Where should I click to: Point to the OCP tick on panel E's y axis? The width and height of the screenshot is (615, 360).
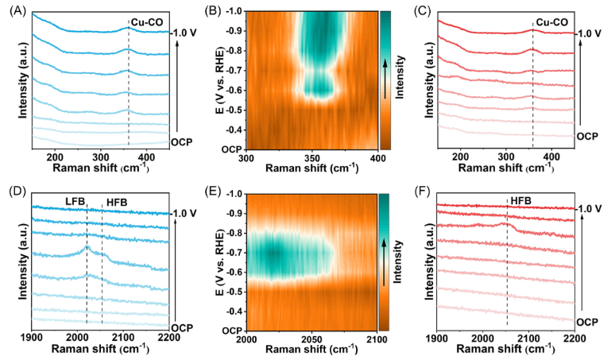pyautogui.click(x=232, y=330)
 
